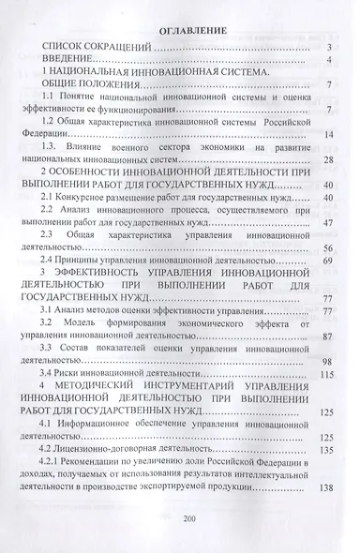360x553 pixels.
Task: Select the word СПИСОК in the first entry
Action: click(67, 48)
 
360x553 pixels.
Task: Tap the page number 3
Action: click(330, 48)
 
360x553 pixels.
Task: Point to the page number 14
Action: click(328, 135)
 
